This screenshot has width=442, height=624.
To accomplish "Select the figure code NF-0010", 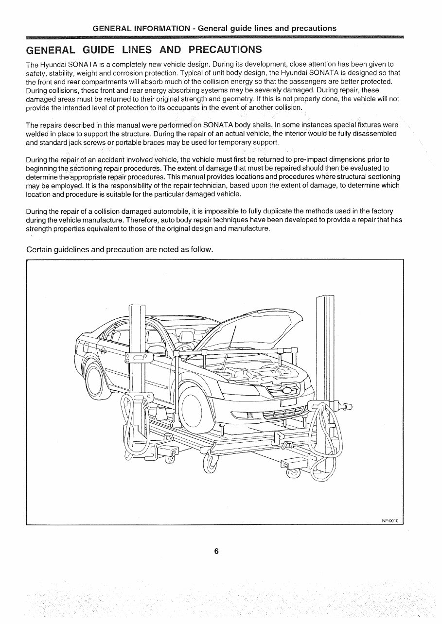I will click(x=390, y=520).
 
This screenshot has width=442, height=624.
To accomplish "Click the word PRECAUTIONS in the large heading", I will click(x=225, y=50).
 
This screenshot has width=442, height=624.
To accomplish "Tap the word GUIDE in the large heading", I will click(x=99, y=50).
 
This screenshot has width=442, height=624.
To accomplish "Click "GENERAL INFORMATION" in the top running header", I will click(x=141, y=28).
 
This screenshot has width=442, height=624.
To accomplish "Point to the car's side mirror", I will click(x=157, y=349).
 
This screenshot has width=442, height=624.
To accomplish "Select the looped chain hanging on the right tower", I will click(x=323, y=447).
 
